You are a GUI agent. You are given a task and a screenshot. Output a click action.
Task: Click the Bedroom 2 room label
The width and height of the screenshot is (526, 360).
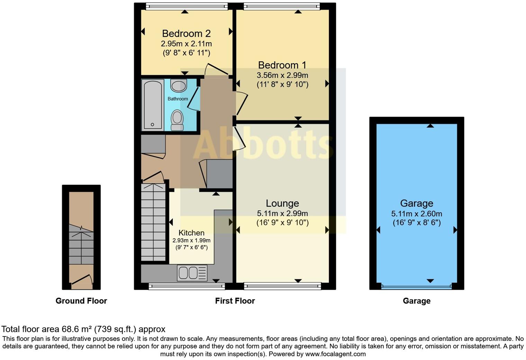click(x=186, y=34)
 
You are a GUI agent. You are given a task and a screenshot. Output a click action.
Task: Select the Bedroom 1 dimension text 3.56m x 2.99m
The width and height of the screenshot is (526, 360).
click(x=282, y=75)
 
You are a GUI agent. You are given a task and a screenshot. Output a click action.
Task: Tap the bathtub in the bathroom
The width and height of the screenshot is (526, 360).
click(x=153, y=104)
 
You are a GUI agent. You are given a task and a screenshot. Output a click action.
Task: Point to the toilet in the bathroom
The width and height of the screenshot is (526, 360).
click(x=177, y=119)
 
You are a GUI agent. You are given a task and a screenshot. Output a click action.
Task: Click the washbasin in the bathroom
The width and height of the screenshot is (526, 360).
click(x=179, y=85)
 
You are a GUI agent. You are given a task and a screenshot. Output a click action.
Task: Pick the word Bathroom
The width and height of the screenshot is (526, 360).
click(x=178, y=99)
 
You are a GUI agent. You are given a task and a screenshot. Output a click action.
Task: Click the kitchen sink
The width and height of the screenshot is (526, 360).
click(x=192, y=273)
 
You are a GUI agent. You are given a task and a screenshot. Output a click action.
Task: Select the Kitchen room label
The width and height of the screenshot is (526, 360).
click(x=191, y=233)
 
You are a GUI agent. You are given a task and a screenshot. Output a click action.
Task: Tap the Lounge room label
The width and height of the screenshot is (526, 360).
click(x=282, y=203)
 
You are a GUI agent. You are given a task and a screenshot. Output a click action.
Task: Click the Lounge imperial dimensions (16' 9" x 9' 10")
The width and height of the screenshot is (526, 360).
click(x=282, y=223)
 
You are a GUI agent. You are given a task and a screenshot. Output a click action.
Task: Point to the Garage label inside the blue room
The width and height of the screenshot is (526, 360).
click(x=416, y=203)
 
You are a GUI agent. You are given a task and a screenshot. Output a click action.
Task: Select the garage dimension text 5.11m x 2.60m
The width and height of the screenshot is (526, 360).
click(x=416, y=214)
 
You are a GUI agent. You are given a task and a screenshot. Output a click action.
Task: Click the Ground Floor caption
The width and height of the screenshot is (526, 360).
click(x=81, y=301)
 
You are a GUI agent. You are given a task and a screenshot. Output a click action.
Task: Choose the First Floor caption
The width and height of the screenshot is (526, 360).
click(x=235, y=301)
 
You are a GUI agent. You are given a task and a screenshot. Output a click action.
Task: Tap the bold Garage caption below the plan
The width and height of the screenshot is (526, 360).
click(x=416, y=301)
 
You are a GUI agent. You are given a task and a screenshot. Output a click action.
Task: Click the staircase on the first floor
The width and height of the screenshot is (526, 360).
click(x=153, y=223)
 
